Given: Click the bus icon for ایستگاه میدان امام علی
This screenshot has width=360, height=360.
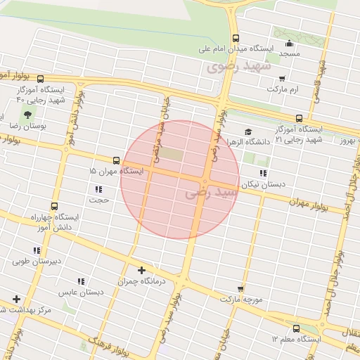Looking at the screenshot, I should point(235,39).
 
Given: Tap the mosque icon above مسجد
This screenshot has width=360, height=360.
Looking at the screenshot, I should point(289,43).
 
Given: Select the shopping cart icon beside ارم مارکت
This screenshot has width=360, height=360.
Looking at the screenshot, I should point(282,79).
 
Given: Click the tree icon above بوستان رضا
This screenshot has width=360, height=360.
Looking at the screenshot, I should point(27,113).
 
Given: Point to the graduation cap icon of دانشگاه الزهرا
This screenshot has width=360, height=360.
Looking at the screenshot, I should point(247,131).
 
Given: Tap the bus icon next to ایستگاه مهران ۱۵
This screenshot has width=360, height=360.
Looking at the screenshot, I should point(116,160).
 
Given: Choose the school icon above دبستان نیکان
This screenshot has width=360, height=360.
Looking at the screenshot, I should point(263,173).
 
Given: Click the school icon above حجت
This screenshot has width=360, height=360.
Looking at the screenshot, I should point(98,189).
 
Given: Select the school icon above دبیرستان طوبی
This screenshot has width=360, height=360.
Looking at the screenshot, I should point(37,250).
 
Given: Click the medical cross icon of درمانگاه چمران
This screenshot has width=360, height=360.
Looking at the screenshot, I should point(142,270).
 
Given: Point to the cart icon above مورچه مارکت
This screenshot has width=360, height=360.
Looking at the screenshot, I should point(240,289).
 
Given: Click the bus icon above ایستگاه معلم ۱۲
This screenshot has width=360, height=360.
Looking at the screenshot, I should point(295,328).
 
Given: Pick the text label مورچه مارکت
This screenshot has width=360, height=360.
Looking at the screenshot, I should point(240,300).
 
